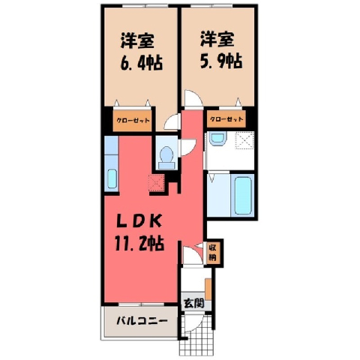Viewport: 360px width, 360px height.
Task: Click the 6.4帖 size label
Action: tap(142, 63)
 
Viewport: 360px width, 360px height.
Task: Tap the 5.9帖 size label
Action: tap(221, 61)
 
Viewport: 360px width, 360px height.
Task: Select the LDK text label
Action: tap(139, 221)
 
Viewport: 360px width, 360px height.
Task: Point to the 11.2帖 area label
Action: tap(139, 244)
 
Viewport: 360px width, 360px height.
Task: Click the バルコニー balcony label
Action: tap(142, 321)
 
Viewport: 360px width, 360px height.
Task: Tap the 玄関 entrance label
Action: tap(194, 303)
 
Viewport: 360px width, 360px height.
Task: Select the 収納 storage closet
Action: tap(212, 253)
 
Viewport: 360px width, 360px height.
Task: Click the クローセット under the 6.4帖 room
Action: tap(133, 121)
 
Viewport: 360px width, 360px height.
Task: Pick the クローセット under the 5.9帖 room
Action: tap(226, 119)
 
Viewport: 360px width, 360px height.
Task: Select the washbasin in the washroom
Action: tap(217, 139)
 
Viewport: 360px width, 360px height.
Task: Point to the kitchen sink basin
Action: tap(112, 179)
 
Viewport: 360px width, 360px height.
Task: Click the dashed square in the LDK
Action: tap(157, 183)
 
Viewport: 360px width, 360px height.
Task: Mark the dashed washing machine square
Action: tap(245, 140)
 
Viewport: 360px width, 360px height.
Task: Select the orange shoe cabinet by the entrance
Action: tap(208, 289)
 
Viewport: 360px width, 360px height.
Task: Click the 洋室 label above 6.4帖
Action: tap(137, 40)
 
